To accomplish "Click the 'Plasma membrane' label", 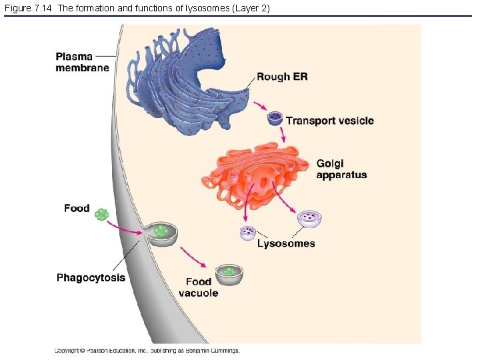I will coord(82,62).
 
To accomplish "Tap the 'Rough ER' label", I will coord(282,77).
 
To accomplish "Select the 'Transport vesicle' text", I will coord(329,121).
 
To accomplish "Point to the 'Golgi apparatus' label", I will coord(341,169).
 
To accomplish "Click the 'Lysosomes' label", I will coord(286,243).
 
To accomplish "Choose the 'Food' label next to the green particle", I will coord(77,208).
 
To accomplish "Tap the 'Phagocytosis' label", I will coord(91,277).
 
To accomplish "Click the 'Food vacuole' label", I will coord(198,287).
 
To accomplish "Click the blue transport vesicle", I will coord(275,119).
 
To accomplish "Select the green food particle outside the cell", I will coord(101,214).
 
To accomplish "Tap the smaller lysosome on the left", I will coord(248,233).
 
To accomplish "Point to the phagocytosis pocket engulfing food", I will coord(161,233).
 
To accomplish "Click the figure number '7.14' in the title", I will coord(45,7).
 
